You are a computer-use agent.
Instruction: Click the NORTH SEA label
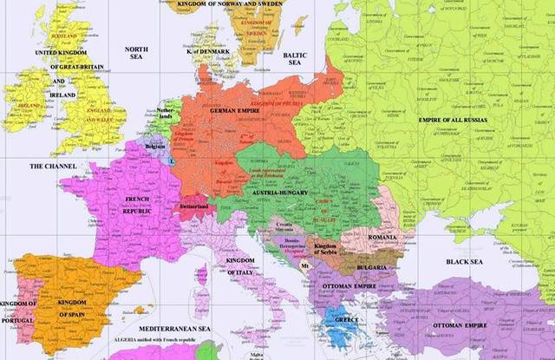coord(137,56)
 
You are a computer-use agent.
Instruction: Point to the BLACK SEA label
coord(465,260)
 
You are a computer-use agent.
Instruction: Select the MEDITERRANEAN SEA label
coord(179,330)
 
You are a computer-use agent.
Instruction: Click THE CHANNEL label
coord(53,166)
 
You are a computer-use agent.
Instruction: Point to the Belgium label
coord(155,147)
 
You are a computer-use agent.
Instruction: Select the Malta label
coord(256,354)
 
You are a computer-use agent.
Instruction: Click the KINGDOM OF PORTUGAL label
coord(17,308)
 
